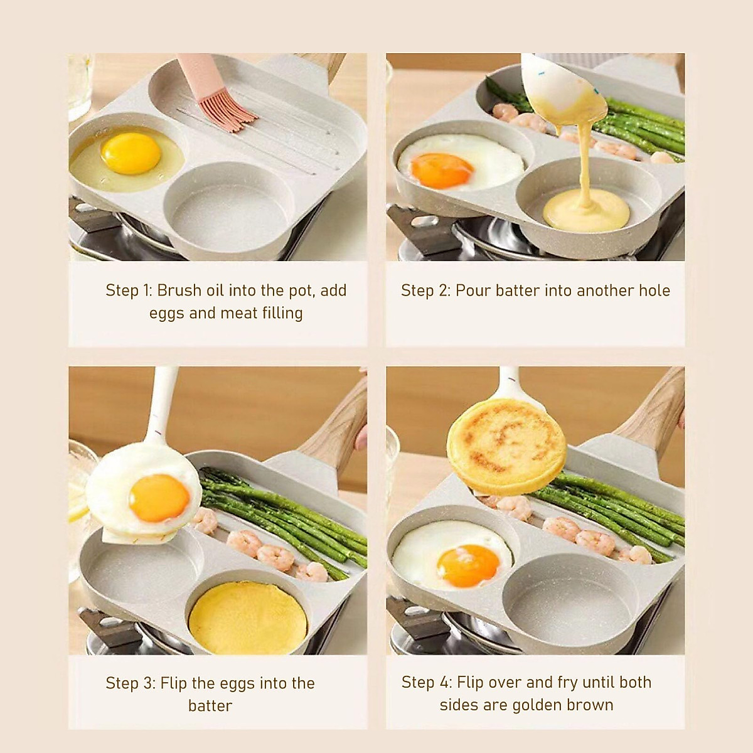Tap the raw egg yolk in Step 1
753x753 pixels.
click(x=131, y=152)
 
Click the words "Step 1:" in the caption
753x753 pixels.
click(x=129, y=291)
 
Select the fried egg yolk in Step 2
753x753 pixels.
click(x=441, y=169)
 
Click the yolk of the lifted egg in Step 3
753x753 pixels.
click(x=159, y=497)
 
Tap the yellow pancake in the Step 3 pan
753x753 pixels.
click(x=248, y=618)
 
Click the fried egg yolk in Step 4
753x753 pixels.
click(x=468, y=562)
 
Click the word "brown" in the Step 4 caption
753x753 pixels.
click(x=589, y=705)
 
